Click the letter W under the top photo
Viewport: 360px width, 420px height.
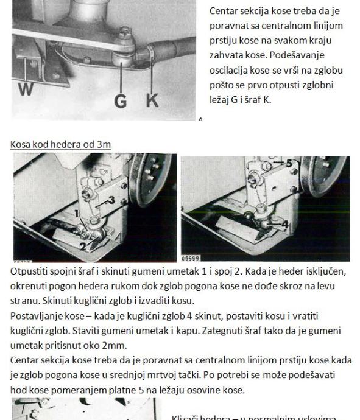[x=26, y=89]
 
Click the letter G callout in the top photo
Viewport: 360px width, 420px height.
[x=121, y=101]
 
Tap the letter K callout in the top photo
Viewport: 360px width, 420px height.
[x=152, y=100]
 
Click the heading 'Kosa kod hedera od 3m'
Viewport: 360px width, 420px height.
[x=60, y=144]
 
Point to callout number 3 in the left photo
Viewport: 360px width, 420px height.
[x=111, y=200]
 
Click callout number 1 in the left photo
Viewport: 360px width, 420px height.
[x=76, y=214]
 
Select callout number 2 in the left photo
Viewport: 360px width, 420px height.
[x=83, y=247]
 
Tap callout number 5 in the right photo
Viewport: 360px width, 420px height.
[x=289, y=163]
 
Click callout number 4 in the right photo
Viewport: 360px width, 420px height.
[x=285, y=224]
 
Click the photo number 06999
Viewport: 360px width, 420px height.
[x=190, y=259]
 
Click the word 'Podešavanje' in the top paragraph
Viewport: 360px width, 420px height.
[x=297, y=55]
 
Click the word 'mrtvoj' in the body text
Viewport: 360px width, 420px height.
[x=160, y=375]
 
